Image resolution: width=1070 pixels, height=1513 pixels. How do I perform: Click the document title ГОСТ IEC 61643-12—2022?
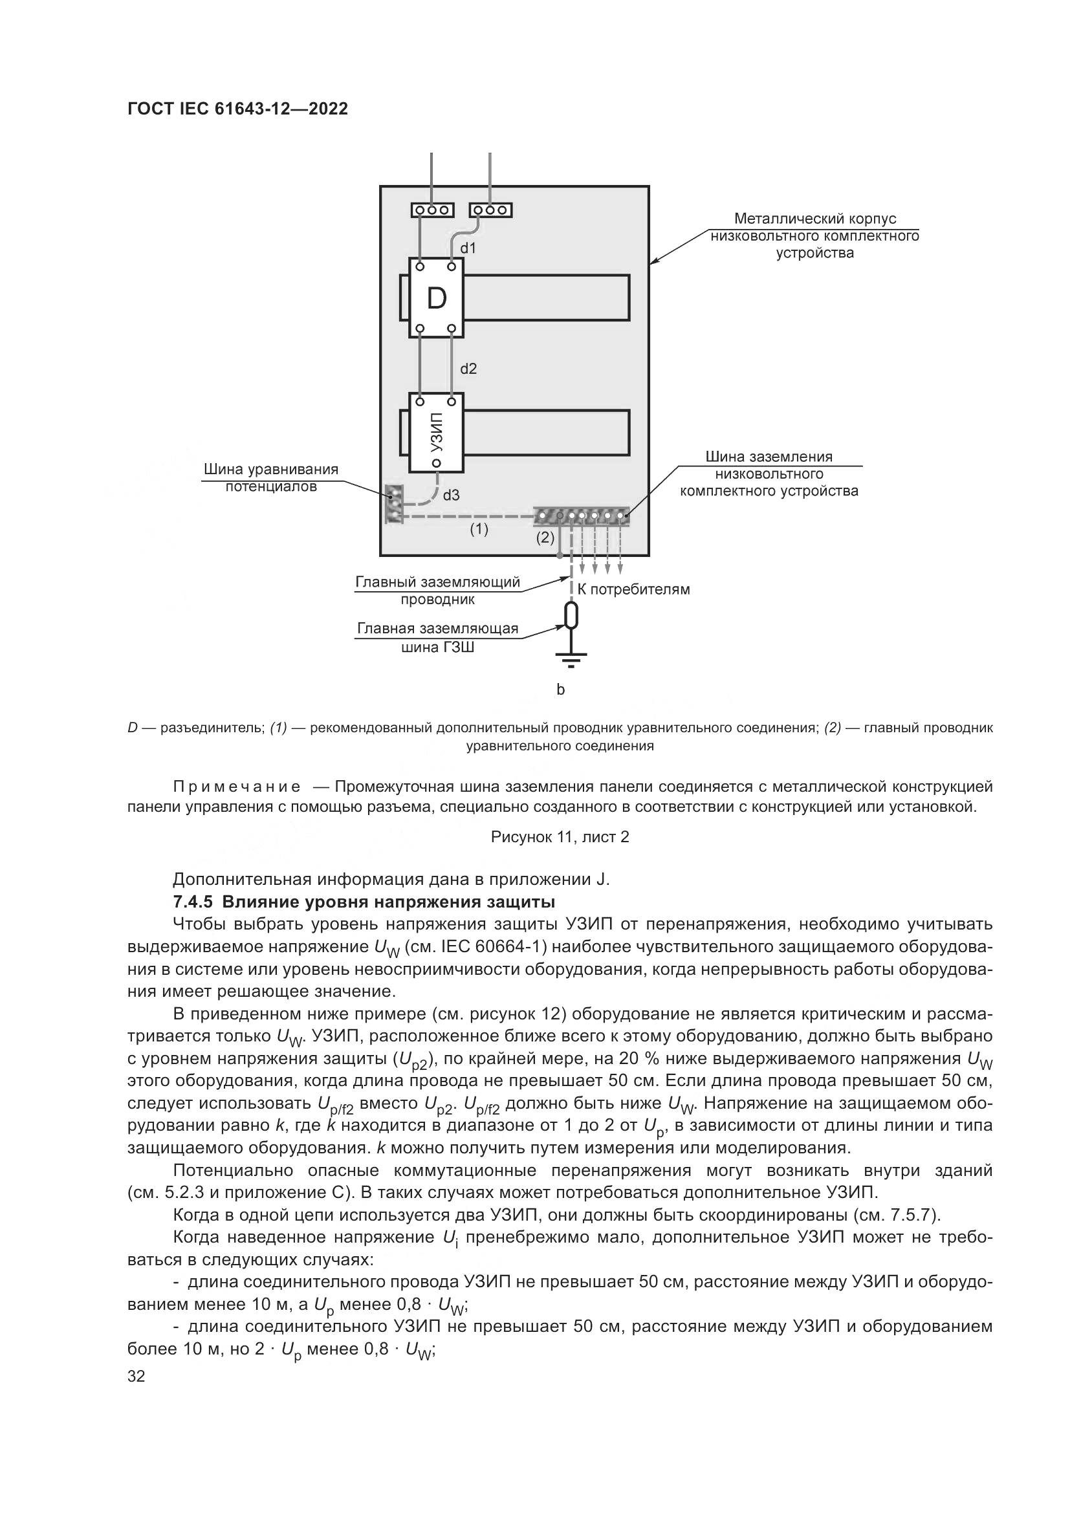click(237, 109)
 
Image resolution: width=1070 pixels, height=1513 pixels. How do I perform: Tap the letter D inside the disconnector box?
click(436, 298)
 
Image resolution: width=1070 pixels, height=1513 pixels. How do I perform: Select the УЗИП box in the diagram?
click(436, 432)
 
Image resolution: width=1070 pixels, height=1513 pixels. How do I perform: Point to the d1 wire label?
click(468, 248)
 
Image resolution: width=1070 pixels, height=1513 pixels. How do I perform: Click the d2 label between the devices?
click(468, 369)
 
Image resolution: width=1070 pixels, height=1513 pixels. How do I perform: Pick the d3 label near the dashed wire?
click(452, 495)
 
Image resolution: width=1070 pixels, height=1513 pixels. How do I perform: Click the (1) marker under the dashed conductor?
click(479, 528)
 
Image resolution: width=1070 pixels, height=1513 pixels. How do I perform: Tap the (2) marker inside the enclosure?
click(545, 537)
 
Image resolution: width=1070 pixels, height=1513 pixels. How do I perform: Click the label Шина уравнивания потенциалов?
click(271, 478)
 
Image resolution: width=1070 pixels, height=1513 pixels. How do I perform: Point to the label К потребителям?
click(634, 590)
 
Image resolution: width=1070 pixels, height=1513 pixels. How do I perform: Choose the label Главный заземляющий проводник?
click(437, 591)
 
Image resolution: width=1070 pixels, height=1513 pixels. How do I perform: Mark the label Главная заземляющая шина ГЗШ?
click(437, 638)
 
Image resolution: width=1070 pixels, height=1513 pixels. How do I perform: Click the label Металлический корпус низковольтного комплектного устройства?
click(815, 236)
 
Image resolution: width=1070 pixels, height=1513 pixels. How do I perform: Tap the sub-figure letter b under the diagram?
click(561, 690)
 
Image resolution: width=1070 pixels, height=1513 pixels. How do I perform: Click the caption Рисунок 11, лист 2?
click(560, 837)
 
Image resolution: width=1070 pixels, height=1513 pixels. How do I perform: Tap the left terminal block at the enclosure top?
click(432, 210)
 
